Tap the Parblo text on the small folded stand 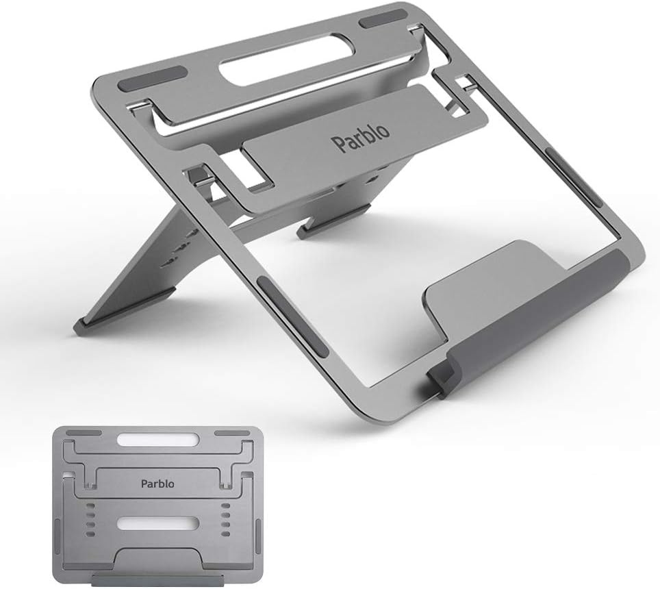point(157,484)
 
